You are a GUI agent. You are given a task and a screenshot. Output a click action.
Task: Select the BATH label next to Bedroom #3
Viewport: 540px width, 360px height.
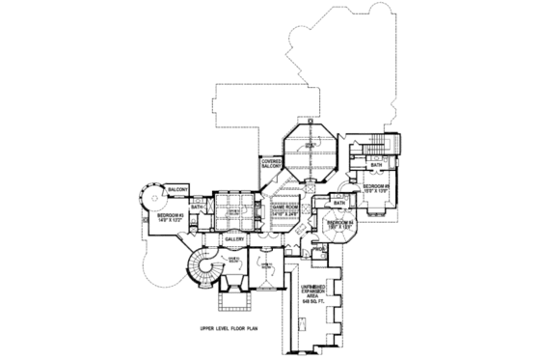196,207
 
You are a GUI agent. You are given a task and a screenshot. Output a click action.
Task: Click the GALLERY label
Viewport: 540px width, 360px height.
231,237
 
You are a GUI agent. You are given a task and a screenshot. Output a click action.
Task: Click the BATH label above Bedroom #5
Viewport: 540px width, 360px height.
375,166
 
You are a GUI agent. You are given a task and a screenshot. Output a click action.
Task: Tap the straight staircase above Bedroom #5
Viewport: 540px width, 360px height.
390,144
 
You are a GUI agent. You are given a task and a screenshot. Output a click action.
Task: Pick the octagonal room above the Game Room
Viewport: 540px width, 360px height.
309,145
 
